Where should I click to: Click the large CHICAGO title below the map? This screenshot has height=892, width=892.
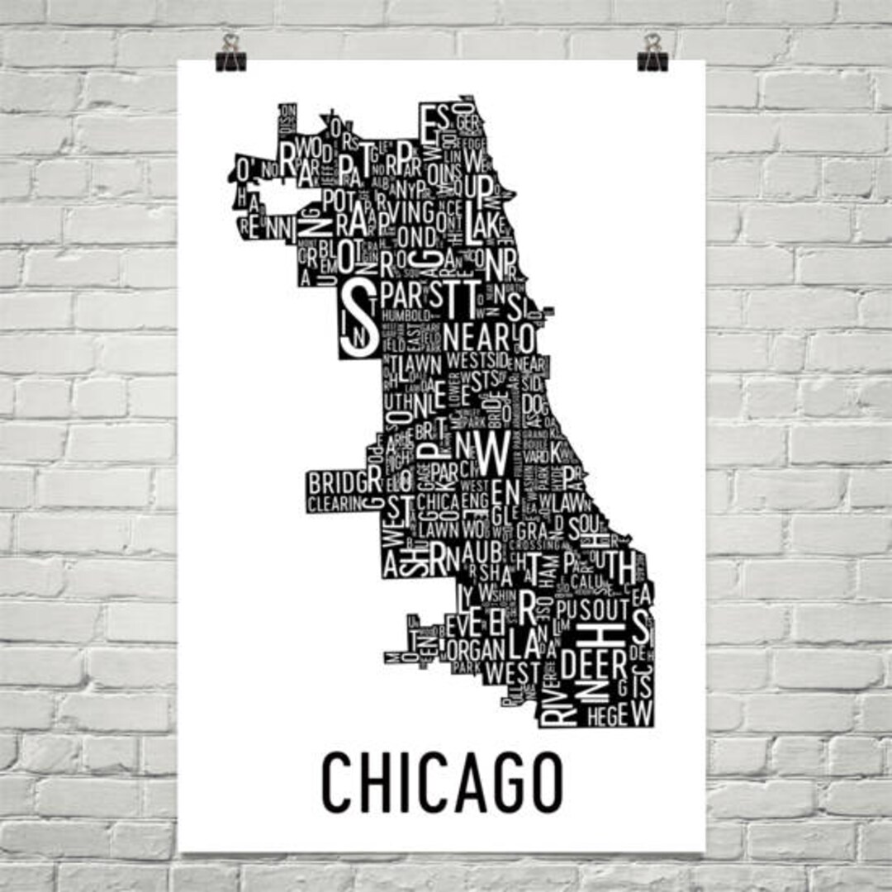pos(442,780)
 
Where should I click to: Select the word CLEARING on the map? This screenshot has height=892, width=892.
pos(334,503)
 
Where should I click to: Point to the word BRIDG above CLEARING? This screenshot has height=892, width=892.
pos(337,482)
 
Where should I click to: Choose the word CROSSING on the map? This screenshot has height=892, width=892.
pos(535,544)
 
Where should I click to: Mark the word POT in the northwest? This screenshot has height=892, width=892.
pos(338,199)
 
